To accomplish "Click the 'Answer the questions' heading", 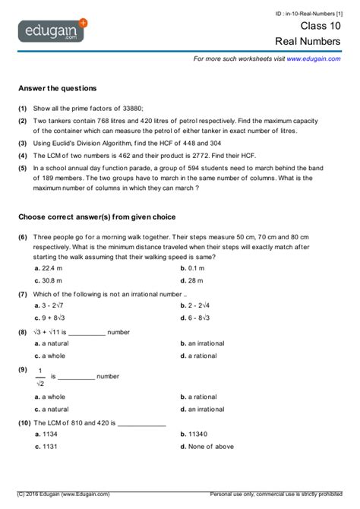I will click(x=58, y=88).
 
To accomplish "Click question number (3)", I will click(x=23, y=143).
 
